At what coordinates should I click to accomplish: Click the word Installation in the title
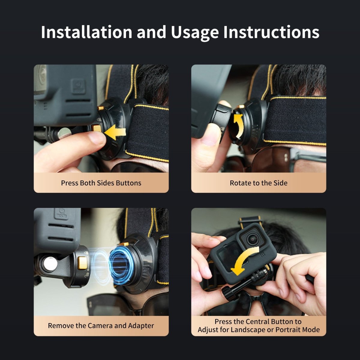(x=86, y=32)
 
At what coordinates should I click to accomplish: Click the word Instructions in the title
(x=271, y=32)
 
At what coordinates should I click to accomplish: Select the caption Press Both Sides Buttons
(x=101, y=183)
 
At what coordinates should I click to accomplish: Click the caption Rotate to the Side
(x=259, y=183)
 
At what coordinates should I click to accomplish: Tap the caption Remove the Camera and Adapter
(x=101, y=325)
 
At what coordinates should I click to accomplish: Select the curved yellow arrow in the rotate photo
(x=238, y=126)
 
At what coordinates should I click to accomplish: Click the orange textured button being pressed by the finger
(x=97, y=128)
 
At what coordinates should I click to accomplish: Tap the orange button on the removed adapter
(x=82, y=263)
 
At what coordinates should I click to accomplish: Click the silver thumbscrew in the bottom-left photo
(x=50, y=264)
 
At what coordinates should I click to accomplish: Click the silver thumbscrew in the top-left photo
(x=64, y=133)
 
